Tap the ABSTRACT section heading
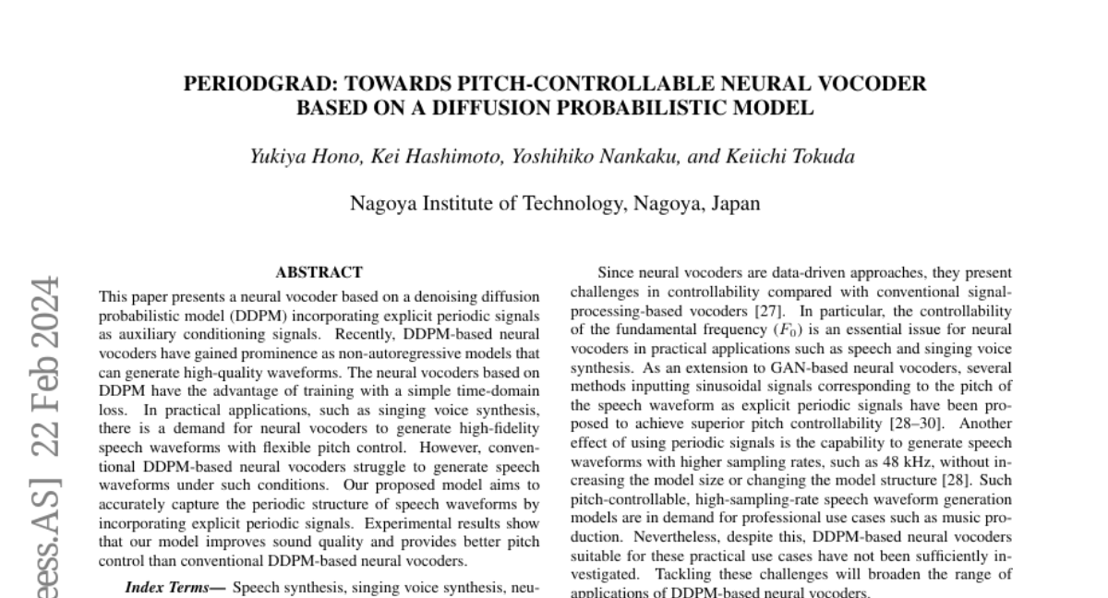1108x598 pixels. pyautogui.click(x=319, y=272)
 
